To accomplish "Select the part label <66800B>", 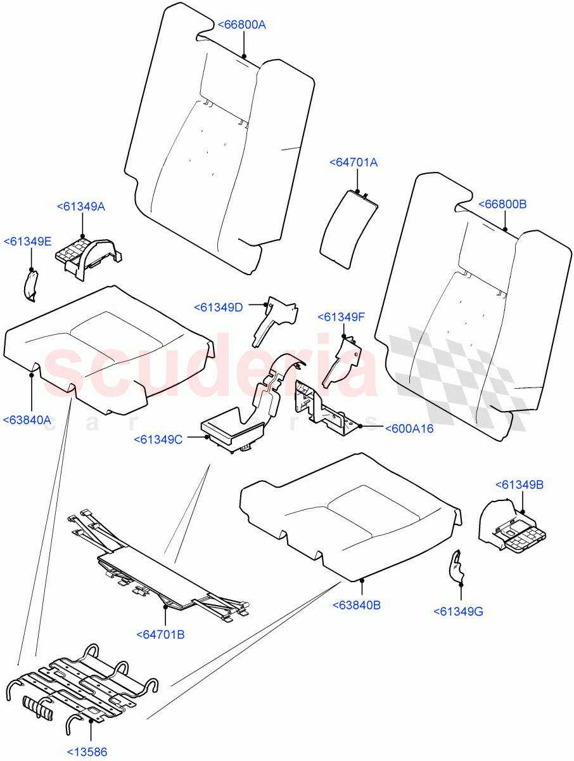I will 502,204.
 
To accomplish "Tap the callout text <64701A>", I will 354,163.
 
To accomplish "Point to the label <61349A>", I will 81,207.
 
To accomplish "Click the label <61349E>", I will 27,242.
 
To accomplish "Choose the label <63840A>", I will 27,420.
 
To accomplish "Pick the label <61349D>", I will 219,308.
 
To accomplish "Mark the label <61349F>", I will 341,316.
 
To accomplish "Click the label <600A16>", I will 409,429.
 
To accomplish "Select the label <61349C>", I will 158,439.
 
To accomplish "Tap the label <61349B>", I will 519,485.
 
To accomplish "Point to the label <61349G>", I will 458,611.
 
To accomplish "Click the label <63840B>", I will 356,605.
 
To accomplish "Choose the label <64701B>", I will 160,634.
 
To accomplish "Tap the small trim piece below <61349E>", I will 30,283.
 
